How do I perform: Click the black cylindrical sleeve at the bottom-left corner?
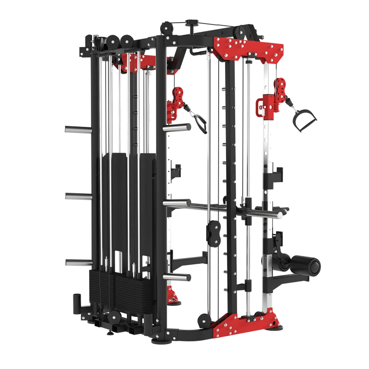coord(76,302)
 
